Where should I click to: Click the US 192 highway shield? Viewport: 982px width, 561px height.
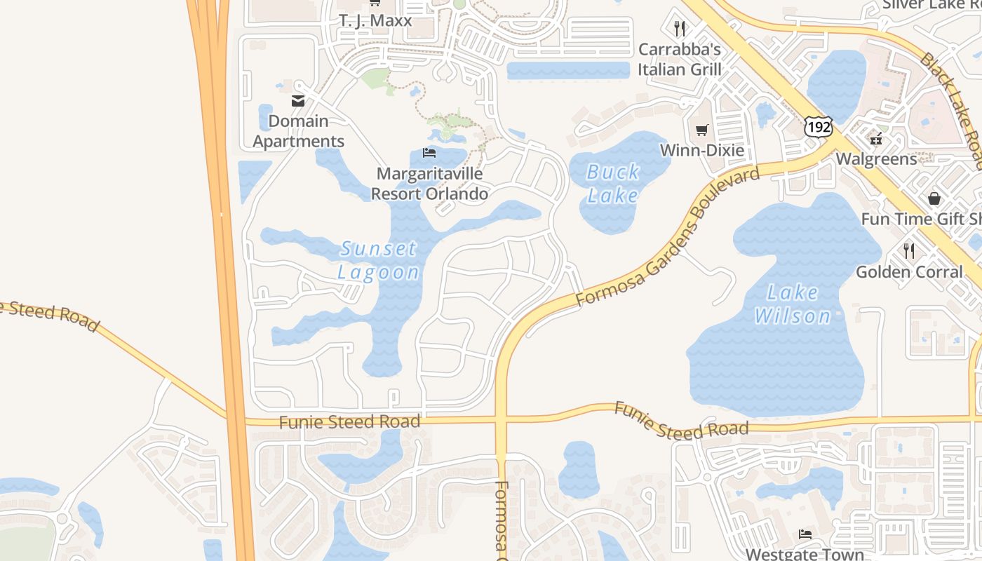coord(818,126)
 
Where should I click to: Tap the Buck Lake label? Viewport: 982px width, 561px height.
coord(613,183)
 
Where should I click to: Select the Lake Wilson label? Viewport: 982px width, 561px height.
coord(793,304)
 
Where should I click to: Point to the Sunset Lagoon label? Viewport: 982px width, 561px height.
coord(379,259)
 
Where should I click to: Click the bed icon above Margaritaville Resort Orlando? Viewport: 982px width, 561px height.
coord(429,153)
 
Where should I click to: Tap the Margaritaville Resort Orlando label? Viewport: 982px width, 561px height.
coord(429,184)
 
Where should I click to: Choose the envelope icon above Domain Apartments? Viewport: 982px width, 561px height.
coord(298,101)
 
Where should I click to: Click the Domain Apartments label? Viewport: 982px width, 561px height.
coord(299,131)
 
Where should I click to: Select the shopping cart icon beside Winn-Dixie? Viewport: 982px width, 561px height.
coord(701,130)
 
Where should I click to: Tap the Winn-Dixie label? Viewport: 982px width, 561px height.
coord(702,150)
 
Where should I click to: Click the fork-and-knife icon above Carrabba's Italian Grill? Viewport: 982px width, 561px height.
coord(679,29)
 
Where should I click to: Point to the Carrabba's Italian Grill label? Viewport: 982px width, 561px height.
coord(679,60)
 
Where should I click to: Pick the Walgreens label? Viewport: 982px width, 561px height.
coord(876,158)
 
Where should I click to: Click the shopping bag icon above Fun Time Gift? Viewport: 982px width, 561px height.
coord(934,198)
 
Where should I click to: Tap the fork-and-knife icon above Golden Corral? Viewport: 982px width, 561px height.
coord(909,250)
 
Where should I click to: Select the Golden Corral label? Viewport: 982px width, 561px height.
coord(909,271)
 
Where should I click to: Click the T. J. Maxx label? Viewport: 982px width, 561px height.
coord(375,20)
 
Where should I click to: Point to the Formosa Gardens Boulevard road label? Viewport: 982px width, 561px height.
coord(668,236)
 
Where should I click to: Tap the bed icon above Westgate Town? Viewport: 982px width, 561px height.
coord(805,534)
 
